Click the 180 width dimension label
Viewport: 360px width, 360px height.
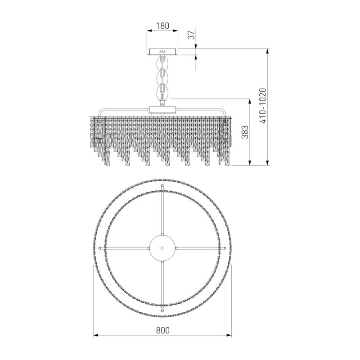point(162,26)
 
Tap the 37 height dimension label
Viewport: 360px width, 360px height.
point(191,35)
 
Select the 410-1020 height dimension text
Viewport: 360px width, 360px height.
point(263,106)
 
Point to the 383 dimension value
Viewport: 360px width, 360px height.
point(245,132)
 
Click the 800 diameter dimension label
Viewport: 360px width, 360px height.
point(163,330)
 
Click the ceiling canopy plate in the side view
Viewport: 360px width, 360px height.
point(162,52)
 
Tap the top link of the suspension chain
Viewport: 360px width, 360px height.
point(162,63)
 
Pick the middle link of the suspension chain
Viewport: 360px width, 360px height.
point(162,78)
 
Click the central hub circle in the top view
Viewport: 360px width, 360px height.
point(162,248)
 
